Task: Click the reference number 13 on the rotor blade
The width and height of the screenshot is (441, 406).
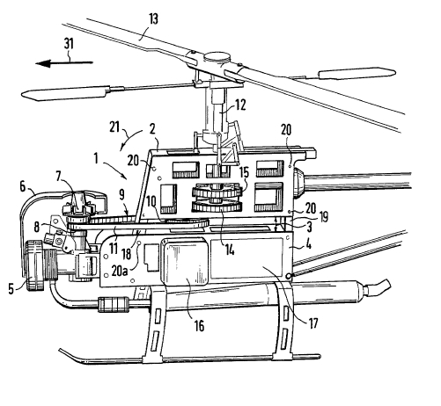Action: (153, 19)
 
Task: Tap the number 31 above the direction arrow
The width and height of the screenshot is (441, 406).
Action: (69, 44)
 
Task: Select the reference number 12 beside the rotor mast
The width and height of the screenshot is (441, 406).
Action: (240, 105)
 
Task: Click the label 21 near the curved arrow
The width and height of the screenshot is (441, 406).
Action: (114, 127)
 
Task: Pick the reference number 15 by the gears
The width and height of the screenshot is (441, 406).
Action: (244, 172)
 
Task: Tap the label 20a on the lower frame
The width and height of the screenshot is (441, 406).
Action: (120, 271)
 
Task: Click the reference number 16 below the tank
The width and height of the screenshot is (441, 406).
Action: (199, 325)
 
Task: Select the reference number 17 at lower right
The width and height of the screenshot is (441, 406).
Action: (313, 323)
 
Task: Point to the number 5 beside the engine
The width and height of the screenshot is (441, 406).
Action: (11, 289)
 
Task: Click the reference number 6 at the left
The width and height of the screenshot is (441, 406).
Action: (23, 187)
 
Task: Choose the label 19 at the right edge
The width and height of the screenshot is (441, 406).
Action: (324, 217)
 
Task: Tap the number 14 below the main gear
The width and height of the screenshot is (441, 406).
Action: (230, 250)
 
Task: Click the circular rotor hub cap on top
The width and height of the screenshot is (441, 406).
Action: (217, 57)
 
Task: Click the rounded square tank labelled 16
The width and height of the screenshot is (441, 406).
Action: (184, 262)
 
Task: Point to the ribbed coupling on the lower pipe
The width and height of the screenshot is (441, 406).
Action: (114, 305)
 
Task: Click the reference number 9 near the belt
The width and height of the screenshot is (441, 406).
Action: (122, 195)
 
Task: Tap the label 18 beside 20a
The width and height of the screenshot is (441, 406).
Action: (127, 254)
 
